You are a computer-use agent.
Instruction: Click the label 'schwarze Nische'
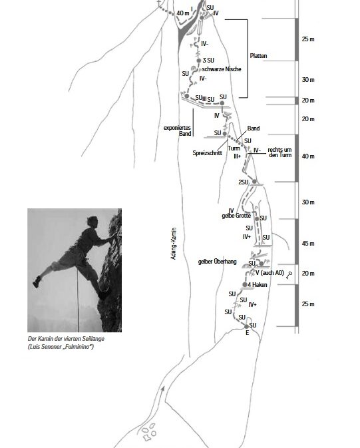(222, 69)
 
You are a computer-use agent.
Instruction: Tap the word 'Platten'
(259, 56)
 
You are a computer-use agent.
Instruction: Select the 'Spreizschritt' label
(207, 153)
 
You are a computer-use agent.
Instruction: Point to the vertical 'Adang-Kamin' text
(174, 244)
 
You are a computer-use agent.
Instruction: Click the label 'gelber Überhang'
(218, 262)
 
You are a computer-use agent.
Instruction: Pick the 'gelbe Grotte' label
(236, 216)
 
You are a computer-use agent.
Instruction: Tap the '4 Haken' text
(258, 285)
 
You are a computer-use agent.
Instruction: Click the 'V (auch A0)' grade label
(270, 273)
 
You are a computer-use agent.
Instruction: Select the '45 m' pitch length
(308, 244)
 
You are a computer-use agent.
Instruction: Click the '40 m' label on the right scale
(308, 156)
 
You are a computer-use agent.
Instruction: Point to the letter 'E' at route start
(247, 333)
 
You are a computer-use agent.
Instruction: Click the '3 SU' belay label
(208, 61)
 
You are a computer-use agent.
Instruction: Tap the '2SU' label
(243, 182)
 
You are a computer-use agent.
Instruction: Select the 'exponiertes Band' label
(178, 130)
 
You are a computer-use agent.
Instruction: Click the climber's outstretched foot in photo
(37, 282)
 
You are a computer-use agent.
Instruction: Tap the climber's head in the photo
(92, 222)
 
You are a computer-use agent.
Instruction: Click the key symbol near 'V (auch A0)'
(289, 275)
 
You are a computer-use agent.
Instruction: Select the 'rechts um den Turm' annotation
(279, 152)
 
